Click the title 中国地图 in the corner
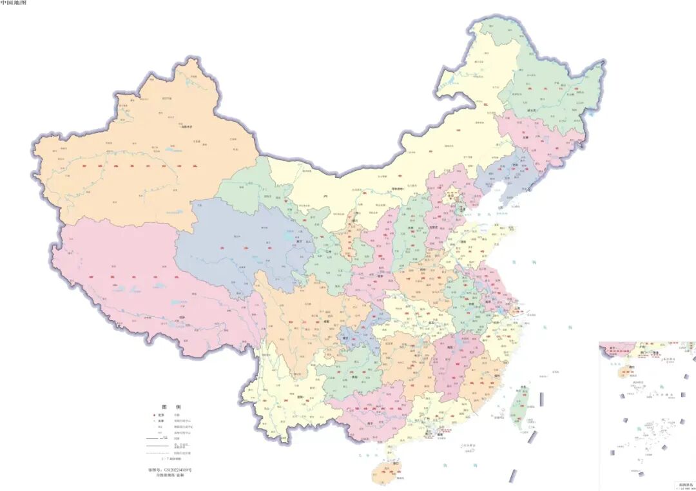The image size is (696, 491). (x=14, y=3)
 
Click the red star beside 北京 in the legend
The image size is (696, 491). (x=155, y=416)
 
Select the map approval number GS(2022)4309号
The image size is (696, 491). (x=170, y=470)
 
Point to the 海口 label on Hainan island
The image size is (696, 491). (x=387, y=463)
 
